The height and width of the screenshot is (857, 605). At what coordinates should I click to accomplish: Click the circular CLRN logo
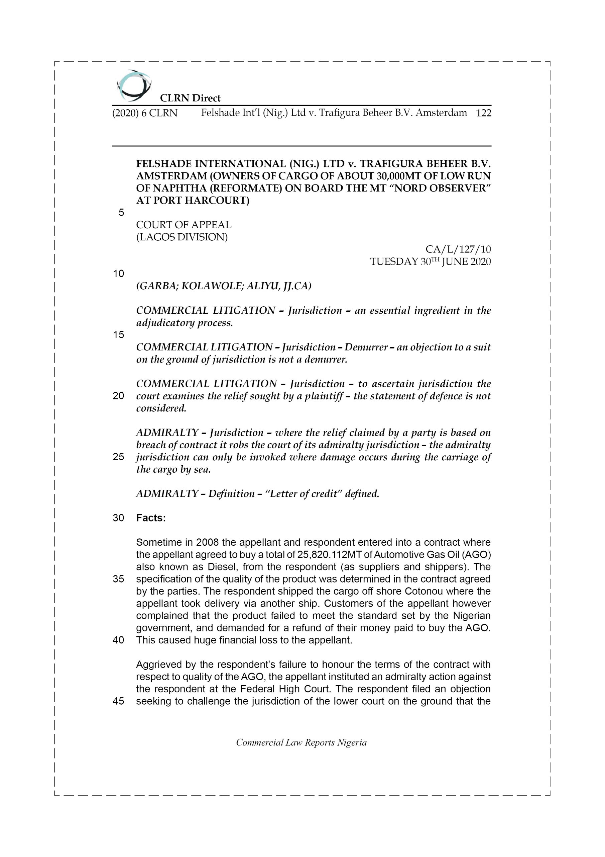[133, 86]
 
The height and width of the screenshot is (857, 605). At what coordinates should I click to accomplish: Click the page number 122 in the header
[483, 113]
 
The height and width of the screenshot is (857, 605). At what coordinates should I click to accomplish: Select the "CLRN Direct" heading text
[190, 98]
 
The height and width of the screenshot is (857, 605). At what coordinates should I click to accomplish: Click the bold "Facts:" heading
[151, 518]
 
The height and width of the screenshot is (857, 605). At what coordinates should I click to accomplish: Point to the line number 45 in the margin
[118, 701]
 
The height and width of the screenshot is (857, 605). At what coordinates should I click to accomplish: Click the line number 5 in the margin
[121, 213]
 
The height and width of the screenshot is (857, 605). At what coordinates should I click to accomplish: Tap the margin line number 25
[118, 457]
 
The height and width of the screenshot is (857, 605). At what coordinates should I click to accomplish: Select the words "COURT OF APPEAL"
[184, 225]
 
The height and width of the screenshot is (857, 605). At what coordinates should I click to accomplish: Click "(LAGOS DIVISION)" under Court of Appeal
[182, 237]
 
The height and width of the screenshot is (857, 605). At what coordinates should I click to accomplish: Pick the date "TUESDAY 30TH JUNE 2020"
[430, 262]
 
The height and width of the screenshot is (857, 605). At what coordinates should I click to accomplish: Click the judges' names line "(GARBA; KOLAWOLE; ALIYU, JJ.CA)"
[224, 286]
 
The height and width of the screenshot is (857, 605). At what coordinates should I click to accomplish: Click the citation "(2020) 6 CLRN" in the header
[145, 113]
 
